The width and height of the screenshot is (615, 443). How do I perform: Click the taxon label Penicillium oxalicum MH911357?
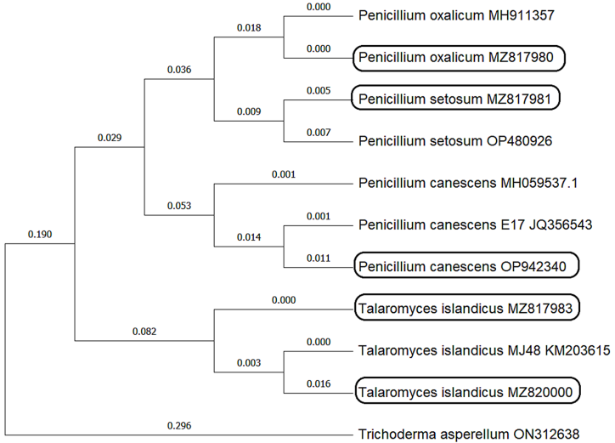(455, 16)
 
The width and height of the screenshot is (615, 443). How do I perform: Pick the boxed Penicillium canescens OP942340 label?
(466, 266)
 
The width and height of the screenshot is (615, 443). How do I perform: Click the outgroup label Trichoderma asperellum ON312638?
(470, 434)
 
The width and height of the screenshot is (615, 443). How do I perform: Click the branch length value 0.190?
(39, 234)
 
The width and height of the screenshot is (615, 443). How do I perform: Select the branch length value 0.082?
(144, 332)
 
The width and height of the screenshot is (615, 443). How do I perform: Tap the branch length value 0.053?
(178, 206)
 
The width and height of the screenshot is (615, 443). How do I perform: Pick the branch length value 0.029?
(110, 138)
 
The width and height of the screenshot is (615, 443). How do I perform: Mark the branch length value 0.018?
(247, 28)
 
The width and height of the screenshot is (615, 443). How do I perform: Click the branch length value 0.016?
(317, 384)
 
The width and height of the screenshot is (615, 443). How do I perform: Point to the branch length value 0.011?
(317, 258)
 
